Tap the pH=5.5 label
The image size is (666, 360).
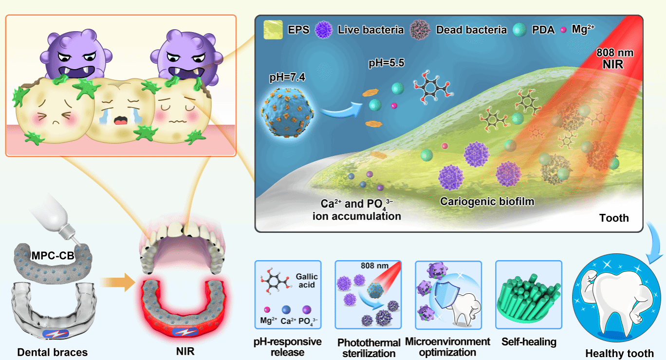[386, 63]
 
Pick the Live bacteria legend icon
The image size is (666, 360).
[324, 30]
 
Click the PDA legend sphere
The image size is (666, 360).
[519, 30]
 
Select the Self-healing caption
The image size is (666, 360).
[529, 342]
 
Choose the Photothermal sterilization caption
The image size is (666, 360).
[368, 348]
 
